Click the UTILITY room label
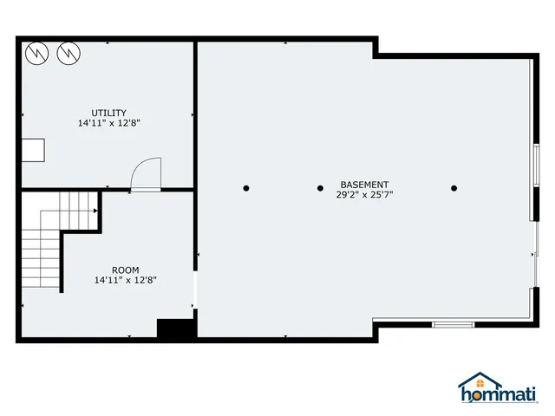pos(109,113)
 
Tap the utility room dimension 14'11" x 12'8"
pos(109,123)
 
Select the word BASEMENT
pos(364,185)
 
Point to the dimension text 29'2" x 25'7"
pos(364,195)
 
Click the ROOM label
pos(125,270)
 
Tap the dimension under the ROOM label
pos(125,280)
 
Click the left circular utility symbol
pos(36,54)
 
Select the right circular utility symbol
pos(68,54)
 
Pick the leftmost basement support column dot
pos(246,188)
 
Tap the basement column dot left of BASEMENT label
pos(320,188)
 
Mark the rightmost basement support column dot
pos(454,188)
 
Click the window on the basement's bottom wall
pos(453,324)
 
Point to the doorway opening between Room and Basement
pos(196,290)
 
